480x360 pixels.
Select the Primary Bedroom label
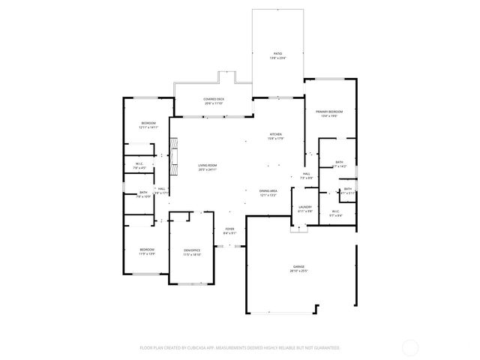(329, 110)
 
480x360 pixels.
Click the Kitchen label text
(276, 134)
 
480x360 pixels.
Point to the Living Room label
(208, 165)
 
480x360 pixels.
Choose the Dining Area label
(268, 190)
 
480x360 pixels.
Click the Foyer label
(229, 229)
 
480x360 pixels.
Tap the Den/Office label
(193, 250)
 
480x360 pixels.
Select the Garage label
(299, 266)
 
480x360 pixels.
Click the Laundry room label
(304, 206)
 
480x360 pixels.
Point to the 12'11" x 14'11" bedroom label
(148, 123)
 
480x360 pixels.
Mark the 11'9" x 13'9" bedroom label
(146, 249)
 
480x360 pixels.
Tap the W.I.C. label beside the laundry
(336, 211)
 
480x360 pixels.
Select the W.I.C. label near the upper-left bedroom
(139, 163)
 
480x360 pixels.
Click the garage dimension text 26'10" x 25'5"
(299, 271)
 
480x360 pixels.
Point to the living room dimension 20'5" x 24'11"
(208, 169)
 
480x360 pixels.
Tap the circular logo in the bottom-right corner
(410, 347)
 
